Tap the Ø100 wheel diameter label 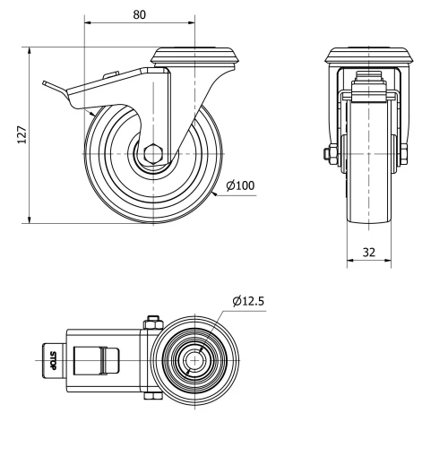click(x=241, y=185)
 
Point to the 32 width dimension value click(x=368, y=252)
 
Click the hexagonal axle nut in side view click(x=154, y=153)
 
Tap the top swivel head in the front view click(x=368, y=56)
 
